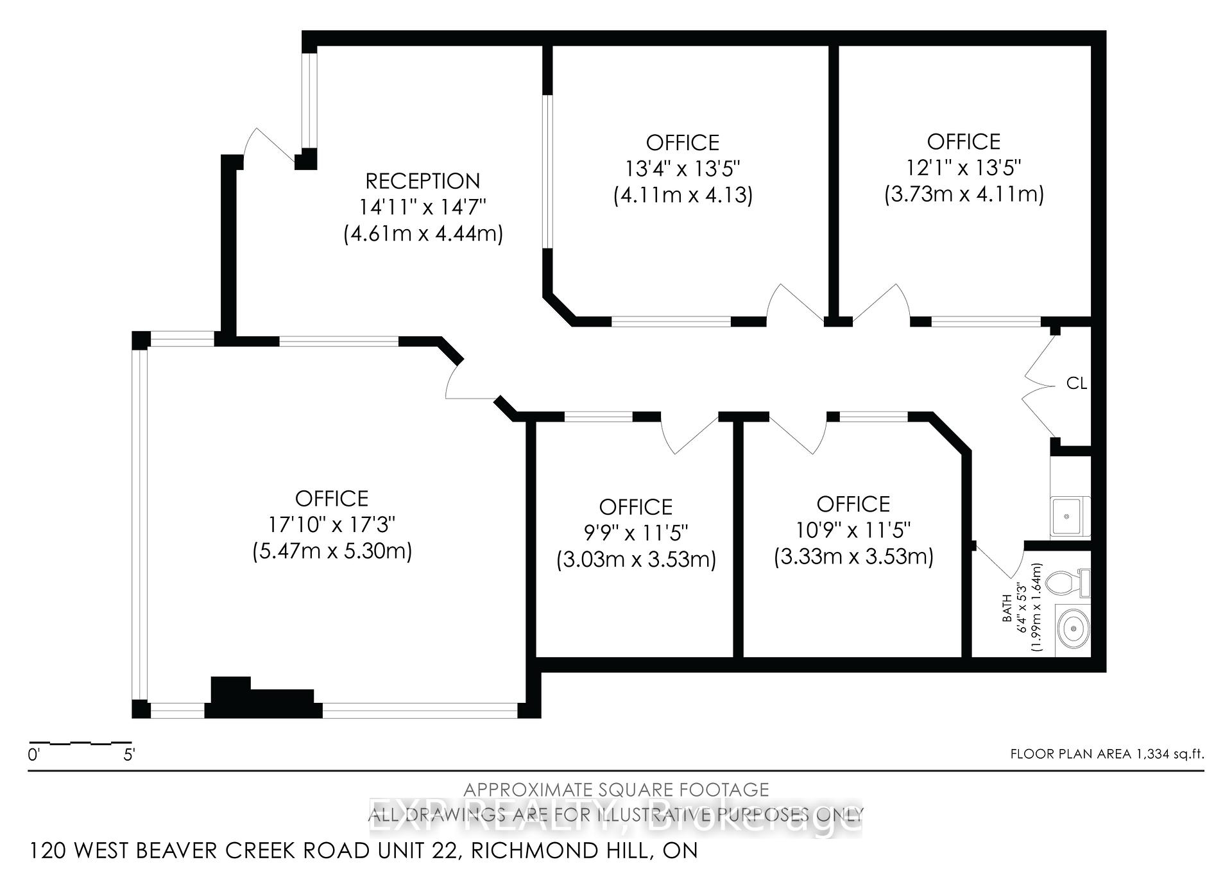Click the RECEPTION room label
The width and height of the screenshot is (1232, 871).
click(x=422, y=181)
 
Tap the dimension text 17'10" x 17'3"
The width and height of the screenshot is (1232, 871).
click(x=332, y=525)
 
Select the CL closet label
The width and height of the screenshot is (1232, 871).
click(x=1076, y=383)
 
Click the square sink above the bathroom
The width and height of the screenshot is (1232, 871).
click(x=1068, y=517)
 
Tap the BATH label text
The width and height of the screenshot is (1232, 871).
click(x=1007, y=608)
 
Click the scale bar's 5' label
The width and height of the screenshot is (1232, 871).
click(x=129, y=755)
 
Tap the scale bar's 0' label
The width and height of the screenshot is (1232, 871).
click(x=34, y=755)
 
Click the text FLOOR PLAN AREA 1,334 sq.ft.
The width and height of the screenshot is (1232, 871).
click(x=1107, y=754)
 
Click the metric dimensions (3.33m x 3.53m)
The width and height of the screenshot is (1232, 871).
click(x=853, y=556)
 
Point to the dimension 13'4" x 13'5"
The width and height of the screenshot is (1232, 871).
click(x=683, y=169)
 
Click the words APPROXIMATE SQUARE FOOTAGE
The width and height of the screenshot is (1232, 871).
click(x=616, y=789)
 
